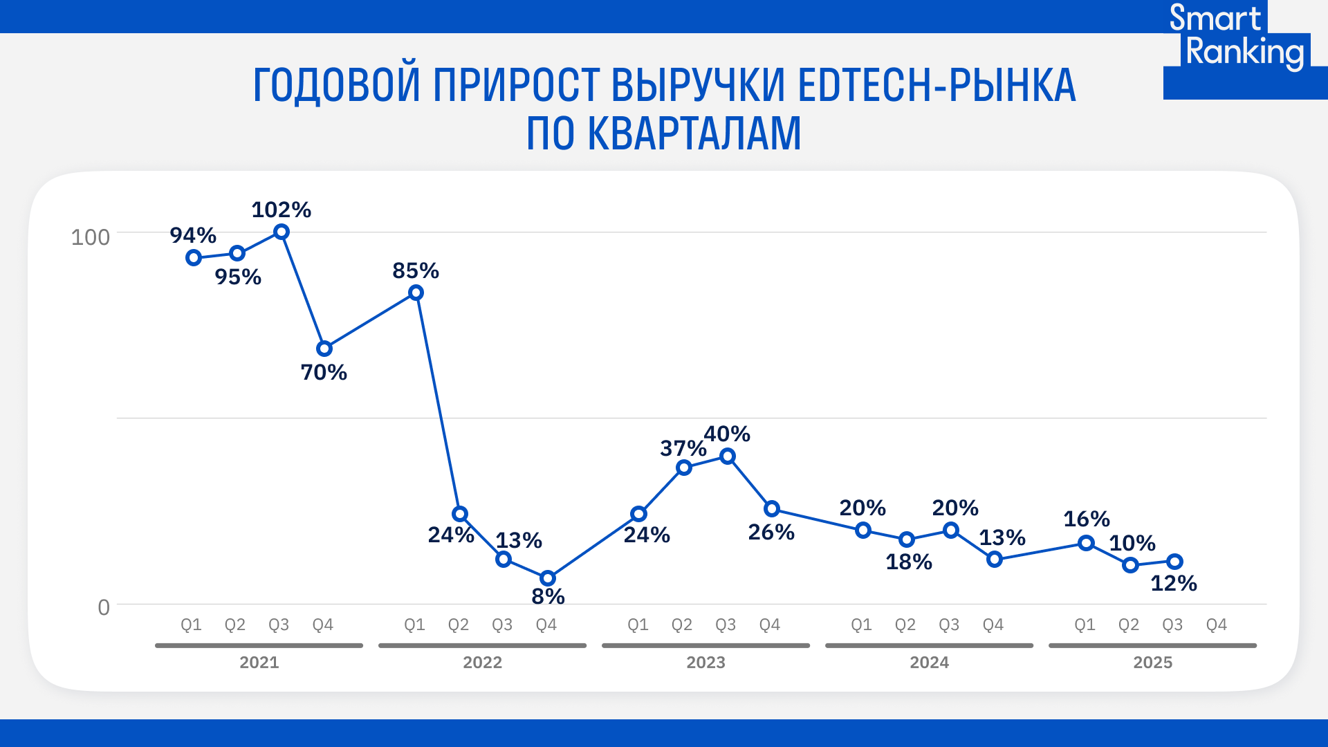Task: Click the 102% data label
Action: tap(281, 210)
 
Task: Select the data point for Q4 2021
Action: tap(324, 349)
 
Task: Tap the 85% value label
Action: tap(416, 270)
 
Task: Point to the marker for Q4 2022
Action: tap(548, 578)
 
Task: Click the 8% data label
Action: tap(548, 596)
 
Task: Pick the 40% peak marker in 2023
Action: tap(728, 456)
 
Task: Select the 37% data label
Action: tap(683, 448)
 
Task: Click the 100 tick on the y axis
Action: tap(91, 237)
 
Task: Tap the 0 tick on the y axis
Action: tap(104, 607)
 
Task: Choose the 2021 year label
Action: tap(259, 663)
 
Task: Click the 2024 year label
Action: tap(929, 663)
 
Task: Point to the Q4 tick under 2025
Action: tap(1216, 625)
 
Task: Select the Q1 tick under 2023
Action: tap(638, 625)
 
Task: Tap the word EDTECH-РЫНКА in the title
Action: tap(937, 86)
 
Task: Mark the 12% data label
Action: tap(1173, 583)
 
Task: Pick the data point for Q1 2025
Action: tap(1087, 543)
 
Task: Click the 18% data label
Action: tap(909, 562)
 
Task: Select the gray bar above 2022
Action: tap(482, 645)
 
